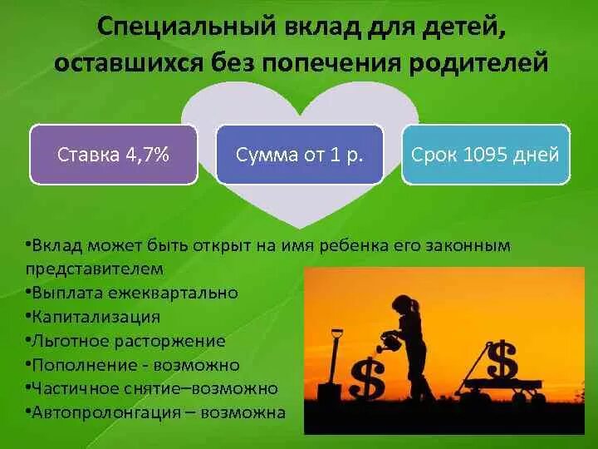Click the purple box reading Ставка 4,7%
[113, 154]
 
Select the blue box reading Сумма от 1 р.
[299, 154]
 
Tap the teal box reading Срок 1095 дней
[486, 154]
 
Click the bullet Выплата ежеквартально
[133, 293]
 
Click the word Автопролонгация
[96, 412]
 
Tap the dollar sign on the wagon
[502, 360]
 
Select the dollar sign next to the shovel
[366, 379]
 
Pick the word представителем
[95, 269]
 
